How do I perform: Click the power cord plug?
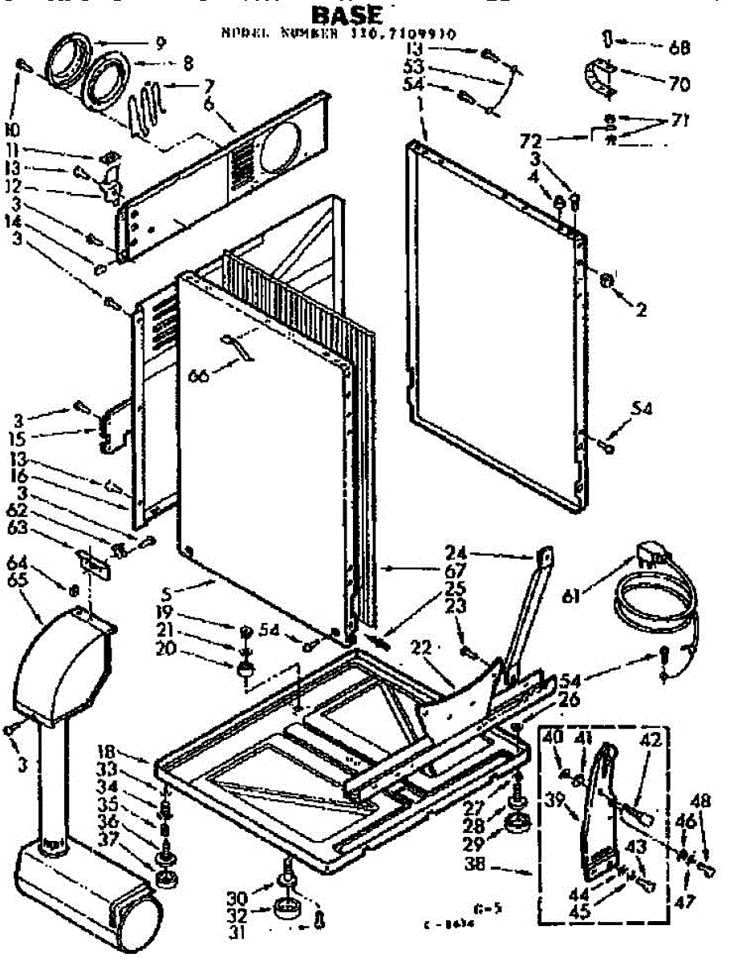[x=648, y=554]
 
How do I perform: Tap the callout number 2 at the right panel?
[x=640, y=311]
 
